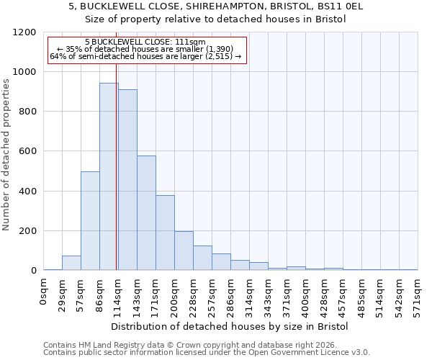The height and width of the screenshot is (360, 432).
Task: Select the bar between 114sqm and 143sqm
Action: pyautogui.click(x=127, y=180)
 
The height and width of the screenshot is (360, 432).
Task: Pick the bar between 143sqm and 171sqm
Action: pyautogui.click(x=146, y=213)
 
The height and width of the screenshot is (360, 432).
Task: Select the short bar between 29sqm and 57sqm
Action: pyautogui.click(x=71, y=263)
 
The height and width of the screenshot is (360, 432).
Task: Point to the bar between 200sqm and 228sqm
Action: pyautogui.click(x=184, y=251)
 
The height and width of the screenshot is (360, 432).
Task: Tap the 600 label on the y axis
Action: pyautogui.click(x=27, y=151)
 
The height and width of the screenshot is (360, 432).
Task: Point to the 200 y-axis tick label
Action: pyautogui.click(x=27, y=231)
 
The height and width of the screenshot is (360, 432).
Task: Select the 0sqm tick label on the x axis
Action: pyautogui.click(x=43, y=292)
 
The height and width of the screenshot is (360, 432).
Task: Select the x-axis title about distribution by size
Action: pyautogui.click(x=230, y=326)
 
